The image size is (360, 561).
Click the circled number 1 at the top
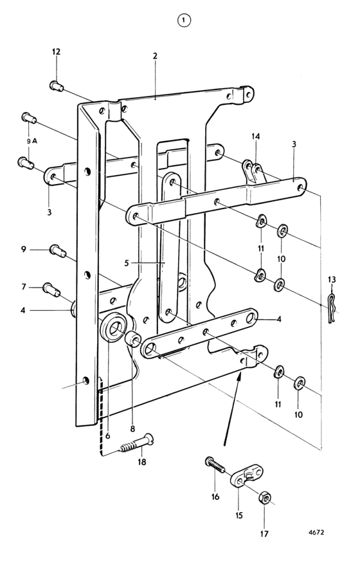point(184,21)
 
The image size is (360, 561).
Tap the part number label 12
point(56,52)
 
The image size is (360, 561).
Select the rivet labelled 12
point(57,86)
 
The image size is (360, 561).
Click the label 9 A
point(32,142)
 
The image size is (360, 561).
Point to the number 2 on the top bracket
point(155,56)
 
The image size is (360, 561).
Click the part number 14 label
point(256,136)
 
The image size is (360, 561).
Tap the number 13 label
point(332,279)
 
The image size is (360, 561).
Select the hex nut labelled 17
point(265,498)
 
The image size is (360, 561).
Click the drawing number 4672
point(316,532)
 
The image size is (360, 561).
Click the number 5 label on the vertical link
point(127,263)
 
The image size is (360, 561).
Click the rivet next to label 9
point(58,250)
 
